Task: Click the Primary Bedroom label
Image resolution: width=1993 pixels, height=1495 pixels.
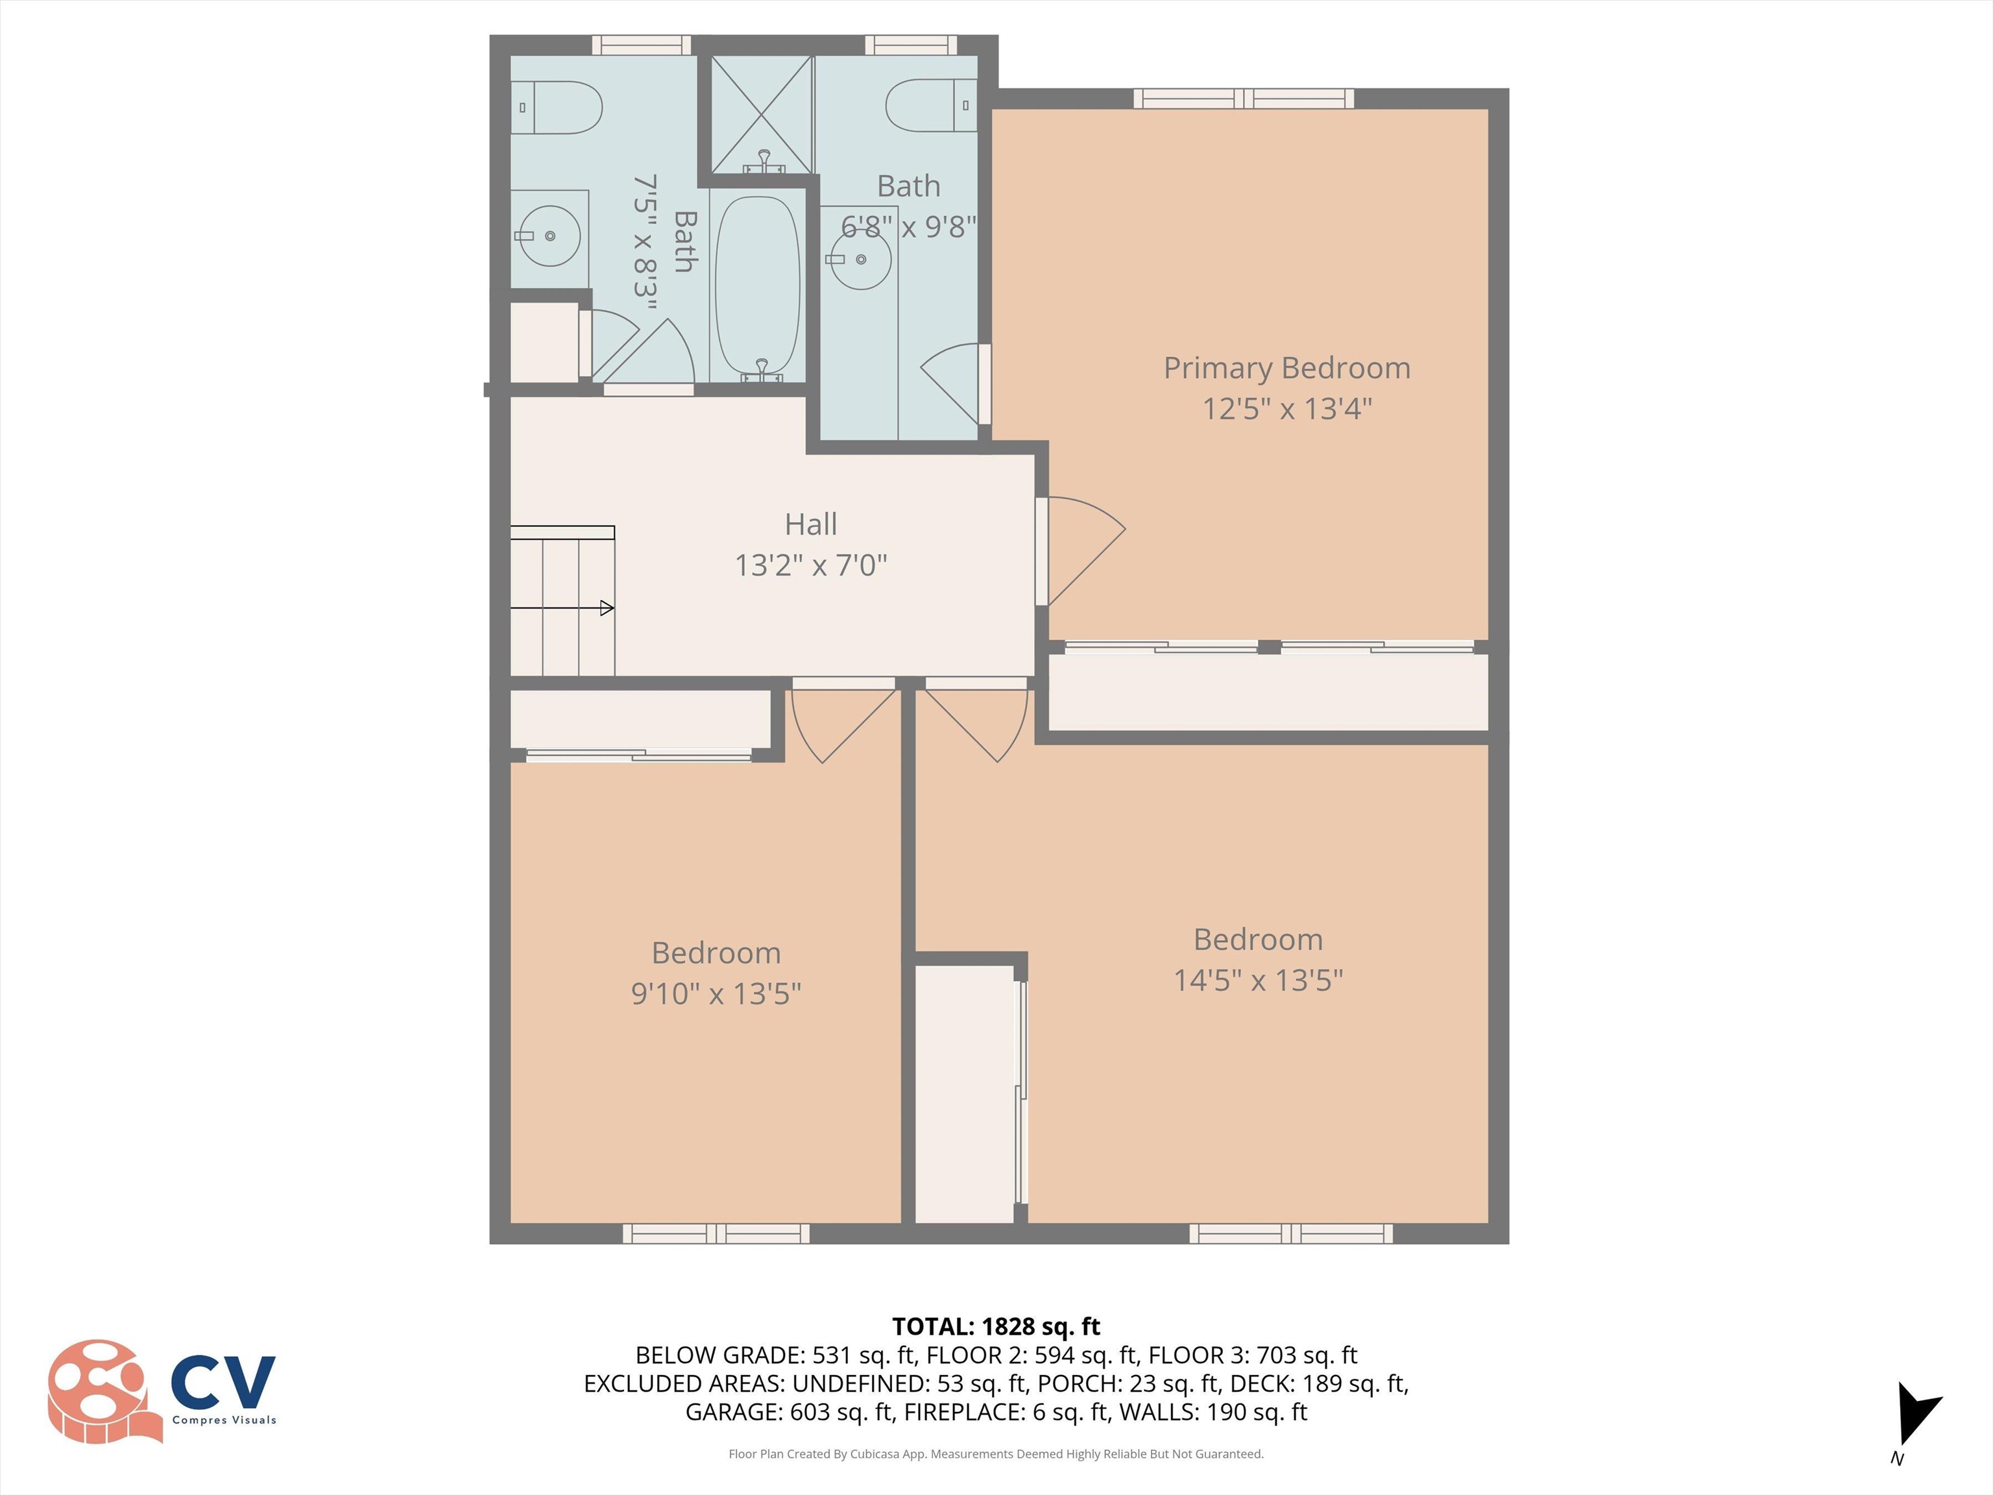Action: pos(1286,368)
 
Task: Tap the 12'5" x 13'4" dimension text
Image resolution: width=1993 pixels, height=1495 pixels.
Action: pos(1286,408)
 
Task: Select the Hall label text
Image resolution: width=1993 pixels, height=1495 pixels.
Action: pos(810,524)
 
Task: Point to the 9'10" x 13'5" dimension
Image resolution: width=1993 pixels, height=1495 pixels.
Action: pos(716,993)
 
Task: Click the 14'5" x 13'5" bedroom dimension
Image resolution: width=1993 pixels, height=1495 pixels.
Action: pos(1258,980)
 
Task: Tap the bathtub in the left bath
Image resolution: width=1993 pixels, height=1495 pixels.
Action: pos(757,287)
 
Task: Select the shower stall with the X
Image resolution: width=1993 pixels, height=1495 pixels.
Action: pos(762,114)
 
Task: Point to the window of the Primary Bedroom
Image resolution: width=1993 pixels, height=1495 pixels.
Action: pos(1244,98)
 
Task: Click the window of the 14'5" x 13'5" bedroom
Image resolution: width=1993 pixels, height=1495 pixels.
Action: pos(1290,1234)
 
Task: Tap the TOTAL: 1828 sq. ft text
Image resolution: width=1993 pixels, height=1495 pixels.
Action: pos(996,1326)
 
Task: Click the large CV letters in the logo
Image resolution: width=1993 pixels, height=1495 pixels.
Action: pos(223,1382)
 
